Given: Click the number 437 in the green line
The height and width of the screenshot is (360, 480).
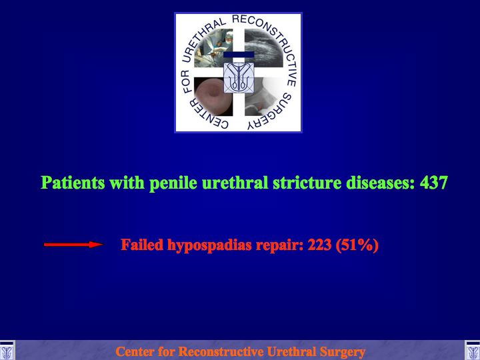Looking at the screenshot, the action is [x=434, y=183].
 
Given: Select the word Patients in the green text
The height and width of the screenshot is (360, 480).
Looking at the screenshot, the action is [x=73, y=183].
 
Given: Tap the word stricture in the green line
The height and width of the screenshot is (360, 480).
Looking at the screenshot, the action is [x=307, y=183].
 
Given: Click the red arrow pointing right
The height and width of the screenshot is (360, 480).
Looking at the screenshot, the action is [x=73, y=244].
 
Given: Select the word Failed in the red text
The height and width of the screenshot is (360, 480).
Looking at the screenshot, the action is [x=142, y=245].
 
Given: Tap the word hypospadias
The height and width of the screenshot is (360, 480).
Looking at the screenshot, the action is [x=209, y=246].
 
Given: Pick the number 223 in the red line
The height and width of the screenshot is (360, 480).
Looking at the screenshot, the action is [x=319, y=245].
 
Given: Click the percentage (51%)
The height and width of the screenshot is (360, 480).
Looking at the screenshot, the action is [x=357, y=245].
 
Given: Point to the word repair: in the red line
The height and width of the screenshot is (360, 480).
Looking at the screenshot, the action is [x=280, y=246].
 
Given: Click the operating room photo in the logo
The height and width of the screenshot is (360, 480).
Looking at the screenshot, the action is [x=213, y=48].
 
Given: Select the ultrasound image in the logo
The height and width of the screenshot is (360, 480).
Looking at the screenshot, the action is [x=263, y=48].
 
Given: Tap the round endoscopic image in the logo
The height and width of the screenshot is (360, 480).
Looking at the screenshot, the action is [x=213, y=97].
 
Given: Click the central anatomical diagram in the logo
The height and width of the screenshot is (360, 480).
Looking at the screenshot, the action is [x=239, y=77].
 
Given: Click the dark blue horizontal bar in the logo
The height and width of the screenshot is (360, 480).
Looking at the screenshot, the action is [x=239, y=55].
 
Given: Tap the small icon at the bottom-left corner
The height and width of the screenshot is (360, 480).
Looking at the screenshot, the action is [x=7, y=351].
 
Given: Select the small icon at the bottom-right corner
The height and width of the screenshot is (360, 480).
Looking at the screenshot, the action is [x=473, y=351].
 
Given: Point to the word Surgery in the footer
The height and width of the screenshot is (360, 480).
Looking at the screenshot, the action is [x=342, y=352].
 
